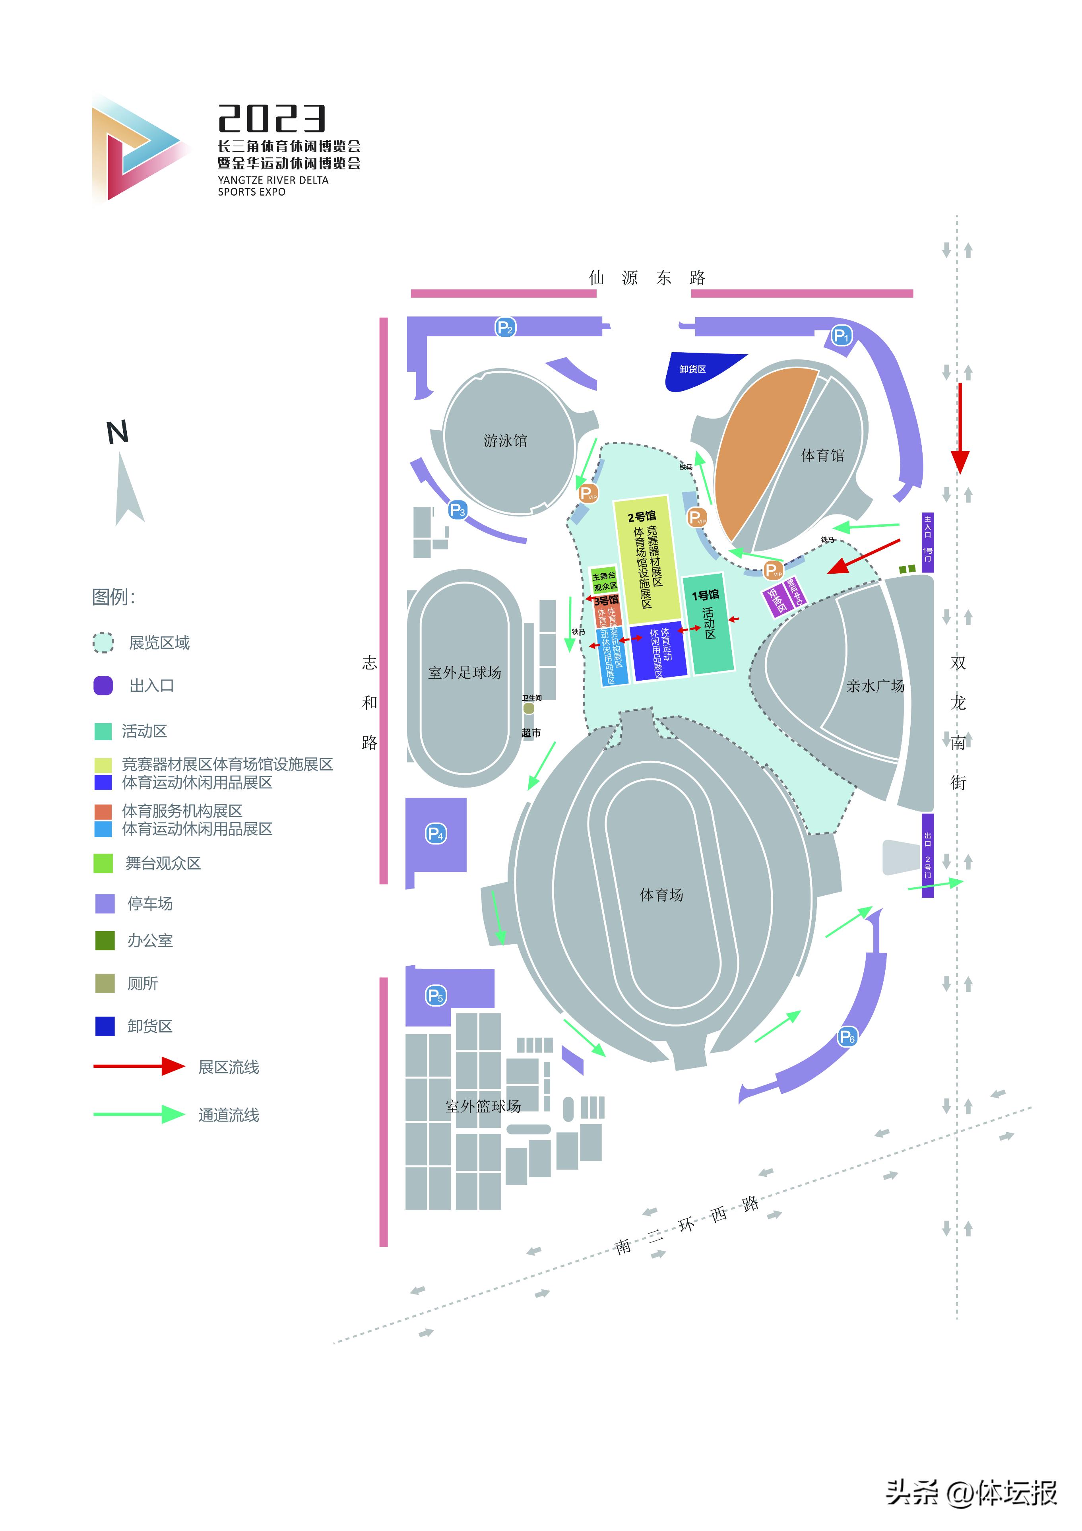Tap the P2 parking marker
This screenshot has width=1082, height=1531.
pyautogui.click(x=505, y=328)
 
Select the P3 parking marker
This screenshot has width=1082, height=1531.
pyautogui.click(x=458, y=510)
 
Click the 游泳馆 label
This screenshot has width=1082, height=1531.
pyautogui.click(x=505, y=441)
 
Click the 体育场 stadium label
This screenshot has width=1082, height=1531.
pyautogui.click(x=661, y=895)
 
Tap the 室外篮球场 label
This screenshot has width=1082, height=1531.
pyautogui.click(x=483, y=1106)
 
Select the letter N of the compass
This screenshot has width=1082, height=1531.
pyautogui.click(x=117, y=433)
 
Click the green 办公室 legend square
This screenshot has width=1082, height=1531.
pyautogui.click(x=105, y=940)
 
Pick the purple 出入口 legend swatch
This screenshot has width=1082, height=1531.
pyautogui.click(x=103, y=685)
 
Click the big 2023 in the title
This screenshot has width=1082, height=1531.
pyautogui.click(x=272, y=119)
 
